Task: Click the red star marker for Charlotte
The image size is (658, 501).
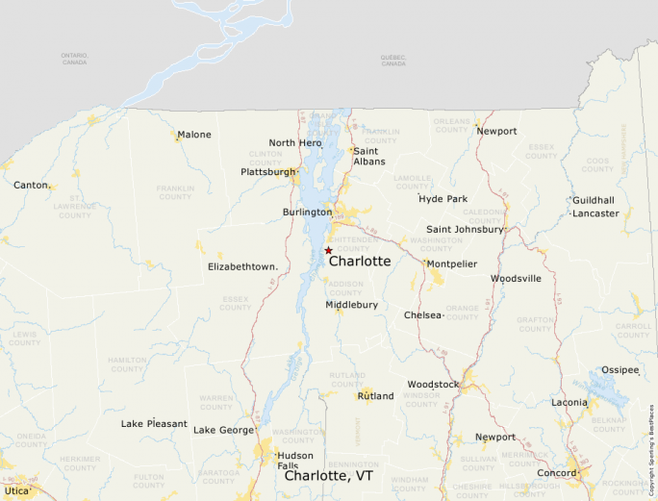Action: click(328, 250)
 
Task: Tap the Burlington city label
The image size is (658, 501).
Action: click(307, 212)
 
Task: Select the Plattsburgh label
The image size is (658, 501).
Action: click(268, 172)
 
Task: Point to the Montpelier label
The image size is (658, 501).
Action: click(452, 263)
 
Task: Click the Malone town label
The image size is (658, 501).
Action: click(194, 135)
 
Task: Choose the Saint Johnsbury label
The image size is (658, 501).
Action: click(465, 230)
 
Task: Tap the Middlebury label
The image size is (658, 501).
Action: click(351, 305)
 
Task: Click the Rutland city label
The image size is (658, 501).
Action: click(375, 395)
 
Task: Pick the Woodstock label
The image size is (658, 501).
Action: click(433, 385)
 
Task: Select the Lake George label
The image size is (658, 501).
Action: click(223, 430)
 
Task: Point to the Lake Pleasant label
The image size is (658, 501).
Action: click(154, 423)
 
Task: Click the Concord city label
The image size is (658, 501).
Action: click(556, 473)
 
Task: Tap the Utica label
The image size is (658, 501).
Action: click(17, 490)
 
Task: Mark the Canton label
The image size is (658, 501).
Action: click(32, 184)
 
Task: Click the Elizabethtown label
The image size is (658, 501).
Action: click(242, 266)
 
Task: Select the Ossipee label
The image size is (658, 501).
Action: click(620, 369)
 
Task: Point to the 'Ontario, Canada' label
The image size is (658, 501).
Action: click(74, 59)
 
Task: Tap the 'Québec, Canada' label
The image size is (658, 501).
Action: click(393, 59)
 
